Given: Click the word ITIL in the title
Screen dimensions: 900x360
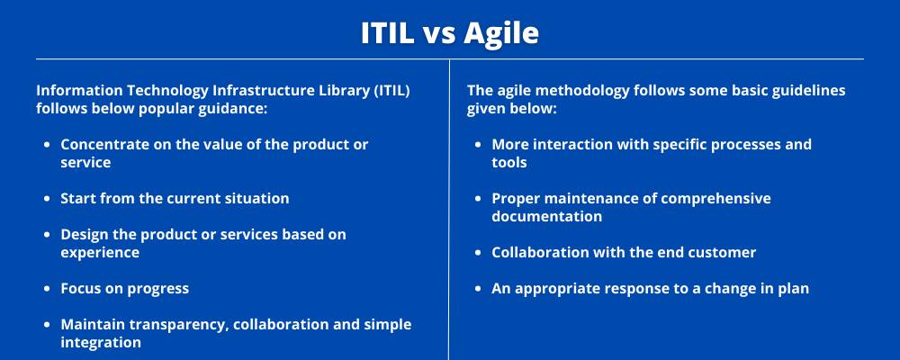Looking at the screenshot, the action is point(387,32).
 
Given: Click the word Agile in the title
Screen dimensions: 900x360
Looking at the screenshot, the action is point(501,34).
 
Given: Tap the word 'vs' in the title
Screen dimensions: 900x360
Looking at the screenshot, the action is point(439,36).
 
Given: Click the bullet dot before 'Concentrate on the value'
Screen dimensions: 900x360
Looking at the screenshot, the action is point(48,145).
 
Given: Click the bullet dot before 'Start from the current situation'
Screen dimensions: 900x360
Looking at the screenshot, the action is point(48,199).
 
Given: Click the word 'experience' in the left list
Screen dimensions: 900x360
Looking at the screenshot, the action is point(100,254).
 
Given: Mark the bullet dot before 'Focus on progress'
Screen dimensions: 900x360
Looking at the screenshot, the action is point(48,289).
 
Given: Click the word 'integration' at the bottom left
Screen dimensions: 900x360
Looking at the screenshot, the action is point(101,343).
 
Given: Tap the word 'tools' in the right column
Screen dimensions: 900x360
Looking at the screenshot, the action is point(509,163).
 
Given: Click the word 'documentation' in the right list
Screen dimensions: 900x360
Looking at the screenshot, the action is point(547,217).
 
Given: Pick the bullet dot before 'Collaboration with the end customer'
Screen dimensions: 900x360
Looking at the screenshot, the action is point(479,253).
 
